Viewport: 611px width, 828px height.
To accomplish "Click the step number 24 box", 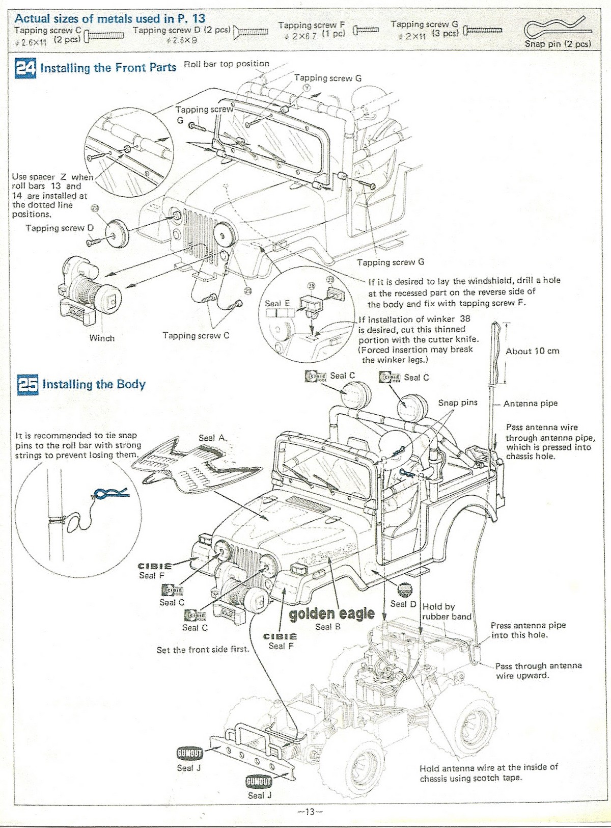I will [x=25, y=68].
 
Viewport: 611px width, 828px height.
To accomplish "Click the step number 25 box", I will [x=27, y=385].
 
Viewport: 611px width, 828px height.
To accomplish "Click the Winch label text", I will [x=102, y=338].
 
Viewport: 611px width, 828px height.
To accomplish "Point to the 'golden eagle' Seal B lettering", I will [x=331, y=613].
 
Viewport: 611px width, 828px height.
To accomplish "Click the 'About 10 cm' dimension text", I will [x=532, y=351].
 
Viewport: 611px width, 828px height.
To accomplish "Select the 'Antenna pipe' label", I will [x=531, y=404].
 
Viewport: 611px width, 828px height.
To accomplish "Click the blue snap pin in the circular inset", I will [x=109, y=493].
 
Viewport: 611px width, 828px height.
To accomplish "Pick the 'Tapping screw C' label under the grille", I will [x=196, y=335].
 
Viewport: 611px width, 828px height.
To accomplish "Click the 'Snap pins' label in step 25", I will [x=458, y=403].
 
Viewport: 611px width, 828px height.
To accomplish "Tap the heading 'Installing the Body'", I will [x=94, y=384].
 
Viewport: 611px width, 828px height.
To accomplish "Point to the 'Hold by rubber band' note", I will [x=446, y=611].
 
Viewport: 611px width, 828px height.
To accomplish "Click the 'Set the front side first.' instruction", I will [x=203, y=650].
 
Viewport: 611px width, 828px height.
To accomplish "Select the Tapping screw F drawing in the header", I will [x=367, y=30].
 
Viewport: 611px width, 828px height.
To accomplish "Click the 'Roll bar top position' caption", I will [x=226, y=64].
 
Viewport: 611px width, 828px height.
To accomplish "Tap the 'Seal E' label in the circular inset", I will [x=277, y=303].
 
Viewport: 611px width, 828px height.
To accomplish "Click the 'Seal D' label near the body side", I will [x=403, y=604].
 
